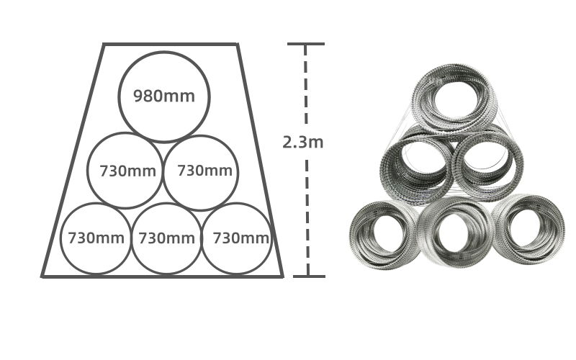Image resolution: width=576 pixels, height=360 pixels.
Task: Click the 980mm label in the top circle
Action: pos(164,96)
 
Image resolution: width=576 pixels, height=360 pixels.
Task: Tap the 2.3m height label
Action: pos(302,142)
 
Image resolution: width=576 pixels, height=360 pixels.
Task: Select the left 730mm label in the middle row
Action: pos(128,171)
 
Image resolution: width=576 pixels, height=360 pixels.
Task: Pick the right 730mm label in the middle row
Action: pos(204,171)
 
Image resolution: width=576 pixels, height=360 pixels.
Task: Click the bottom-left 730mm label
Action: pos(96,238)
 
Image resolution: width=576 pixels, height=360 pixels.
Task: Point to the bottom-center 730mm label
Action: pos(166,238)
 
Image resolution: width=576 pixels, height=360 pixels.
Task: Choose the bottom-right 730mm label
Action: pos(240,238)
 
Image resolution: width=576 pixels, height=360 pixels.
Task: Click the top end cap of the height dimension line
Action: pos(305,44)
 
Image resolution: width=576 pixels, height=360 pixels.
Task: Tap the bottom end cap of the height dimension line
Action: pos(309,276)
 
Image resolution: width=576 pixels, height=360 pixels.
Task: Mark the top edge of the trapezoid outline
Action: pos(171,45)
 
